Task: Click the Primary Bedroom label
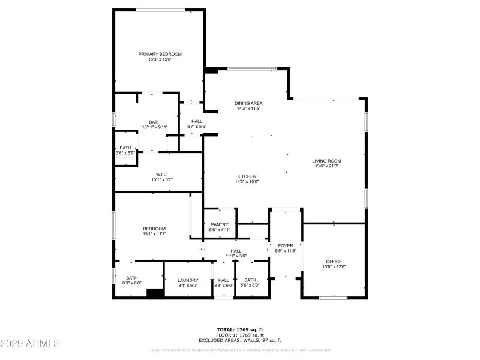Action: coord(160,54)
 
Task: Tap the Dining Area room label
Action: coord(248,103)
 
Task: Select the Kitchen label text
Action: coord(247,176)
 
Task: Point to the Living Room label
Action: coord(326,161)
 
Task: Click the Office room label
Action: coord(334,262)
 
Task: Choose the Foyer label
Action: coord(285,245)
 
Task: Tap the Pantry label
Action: coord(220,224)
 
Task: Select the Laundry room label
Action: coord(188,280)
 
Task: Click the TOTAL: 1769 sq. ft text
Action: coord(240,329)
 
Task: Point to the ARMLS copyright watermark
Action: coord(30,343)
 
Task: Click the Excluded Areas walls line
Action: coord(240,340)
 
